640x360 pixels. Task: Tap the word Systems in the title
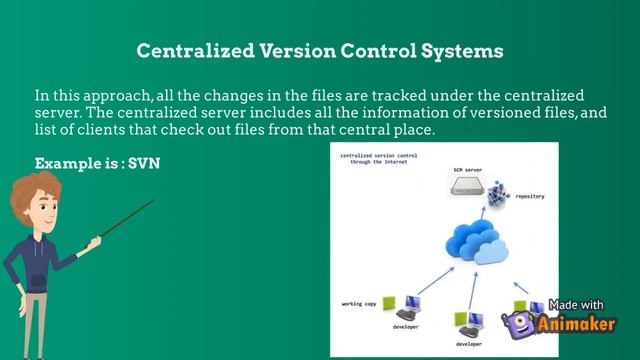460,49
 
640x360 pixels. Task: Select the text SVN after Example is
143,162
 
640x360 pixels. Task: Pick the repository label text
530,198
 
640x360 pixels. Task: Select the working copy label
358,302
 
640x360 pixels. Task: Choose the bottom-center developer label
468,343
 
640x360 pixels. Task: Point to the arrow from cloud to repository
484,214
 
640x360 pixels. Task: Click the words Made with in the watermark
577,305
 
